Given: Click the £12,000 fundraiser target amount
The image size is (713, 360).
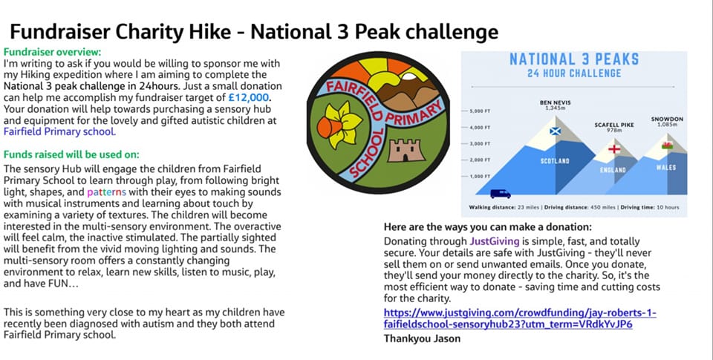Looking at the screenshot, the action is pos(248,97).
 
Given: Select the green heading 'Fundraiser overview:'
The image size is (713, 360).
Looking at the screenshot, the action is pos(52,52).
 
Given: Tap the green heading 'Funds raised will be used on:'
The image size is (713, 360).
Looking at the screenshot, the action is pos(71,154).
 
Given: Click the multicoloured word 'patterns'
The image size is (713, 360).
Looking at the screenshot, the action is pos(106,192).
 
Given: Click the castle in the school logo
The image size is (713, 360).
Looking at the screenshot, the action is pos(406,151).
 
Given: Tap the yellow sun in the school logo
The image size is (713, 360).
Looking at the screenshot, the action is pos(390,74).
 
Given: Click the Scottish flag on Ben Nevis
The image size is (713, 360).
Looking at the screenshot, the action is pos(556,131).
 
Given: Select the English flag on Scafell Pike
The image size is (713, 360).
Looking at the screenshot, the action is pos(614,149).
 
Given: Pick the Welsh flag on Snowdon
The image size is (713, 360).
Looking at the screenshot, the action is pos(667,145).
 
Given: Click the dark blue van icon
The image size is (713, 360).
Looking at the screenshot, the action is pos(500,194).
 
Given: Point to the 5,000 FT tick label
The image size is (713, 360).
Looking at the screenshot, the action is pos(479,111).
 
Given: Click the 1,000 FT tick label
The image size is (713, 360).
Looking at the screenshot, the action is pos(479,177).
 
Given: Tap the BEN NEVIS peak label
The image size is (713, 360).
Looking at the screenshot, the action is pos(555,102).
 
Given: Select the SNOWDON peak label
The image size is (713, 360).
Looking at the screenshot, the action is pos(667,119).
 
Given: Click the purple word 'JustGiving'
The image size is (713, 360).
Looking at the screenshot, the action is pos(495,241).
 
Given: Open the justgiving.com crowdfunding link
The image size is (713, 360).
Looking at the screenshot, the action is pos(520,318).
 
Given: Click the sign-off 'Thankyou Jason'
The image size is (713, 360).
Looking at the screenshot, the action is pos(422,338).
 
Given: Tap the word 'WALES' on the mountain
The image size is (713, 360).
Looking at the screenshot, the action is pos(666,168).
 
